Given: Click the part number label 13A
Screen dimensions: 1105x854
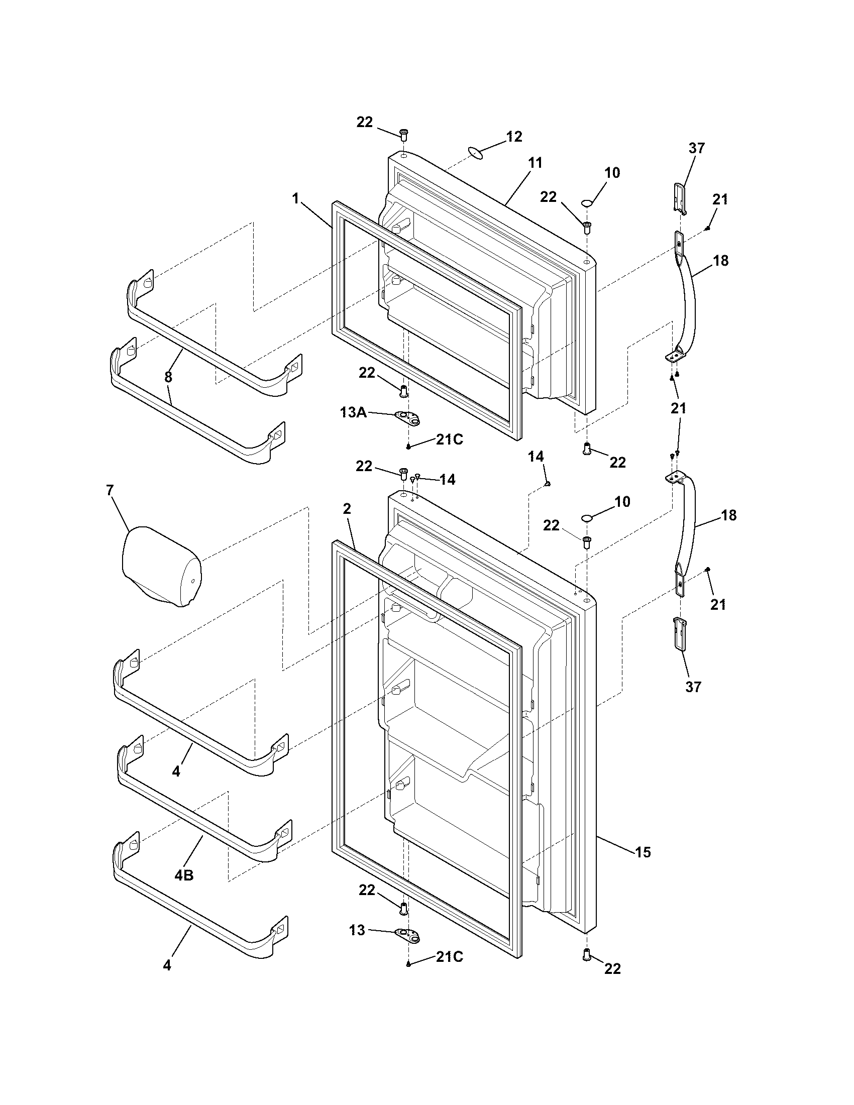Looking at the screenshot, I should click(353, 413).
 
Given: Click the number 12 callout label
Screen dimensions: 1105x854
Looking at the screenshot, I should click(514, 137).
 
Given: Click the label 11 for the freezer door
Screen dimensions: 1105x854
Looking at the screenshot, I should click(535, 163).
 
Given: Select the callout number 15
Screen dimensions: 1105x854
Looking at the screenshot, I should click(643, 852).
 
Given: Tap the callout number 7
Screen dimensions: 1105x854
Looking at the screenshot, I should click(110, 490).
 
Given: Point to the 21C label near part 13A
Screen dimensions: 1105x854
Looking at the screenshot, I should click(449, 439).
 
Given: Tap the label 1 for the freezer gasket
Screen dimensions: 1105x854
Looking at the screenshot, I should click(295, 198).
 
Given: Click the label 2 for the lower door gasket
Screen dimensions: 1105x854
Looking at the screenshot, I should click(347, 509).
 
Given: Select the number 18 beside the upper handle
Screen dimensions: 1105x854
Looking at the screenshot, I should click(720, 261).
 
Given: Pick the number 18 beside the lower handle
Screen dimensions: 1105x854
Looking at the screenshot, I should click(728, 515).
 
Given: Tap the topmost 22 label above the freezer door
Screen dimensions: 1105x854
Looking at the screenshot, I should click(364, 122).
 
